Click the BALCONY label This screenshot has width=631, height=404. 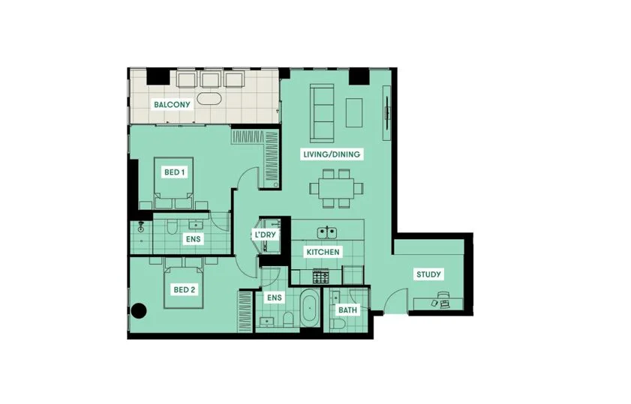pos(172,105)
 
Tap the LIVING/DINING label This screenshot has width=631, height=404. pos(332,154)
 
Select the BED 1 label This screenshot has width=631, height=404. pos(175,172)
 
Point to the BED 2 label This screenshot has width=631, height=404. pos(185,289)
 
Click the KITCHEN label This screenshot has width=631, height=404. pos(323,252)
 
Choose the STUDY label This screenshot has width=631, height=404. pos(428,274)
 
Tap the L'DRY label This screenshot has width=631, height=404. pos(265,235)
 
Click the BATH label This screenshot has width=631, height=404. pos(347,310)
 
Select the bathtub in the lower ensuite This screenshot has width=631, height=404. pos(309,309)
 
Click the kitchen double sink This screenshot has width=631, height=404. pos(327,232)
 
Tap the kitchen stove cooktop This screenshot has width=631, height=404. pos(320,276)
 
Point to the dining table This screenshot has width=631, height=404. pos(336,188)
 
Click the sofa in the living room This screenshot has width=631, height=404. pos(322,113)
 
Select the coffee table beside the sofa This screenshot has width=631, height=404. pos(354,112)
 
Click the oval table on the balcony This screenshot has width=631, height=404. pos(209,99)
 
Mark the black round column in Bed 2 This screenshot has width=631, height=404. pos(139,310)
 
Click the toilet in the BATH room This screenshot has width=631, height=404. pos(338,324)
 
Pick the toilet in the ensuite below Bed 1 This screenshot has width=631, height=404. pos(171,228)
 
